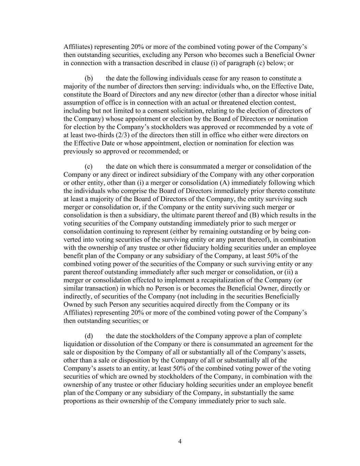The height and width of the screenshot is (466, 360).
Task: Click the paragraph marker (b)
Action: coord(89,79)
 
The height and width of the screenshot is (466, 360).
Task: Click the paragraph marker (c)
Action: coord(89,167)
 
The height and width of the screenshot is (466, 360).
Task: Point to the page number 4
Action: coord(180,441)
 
